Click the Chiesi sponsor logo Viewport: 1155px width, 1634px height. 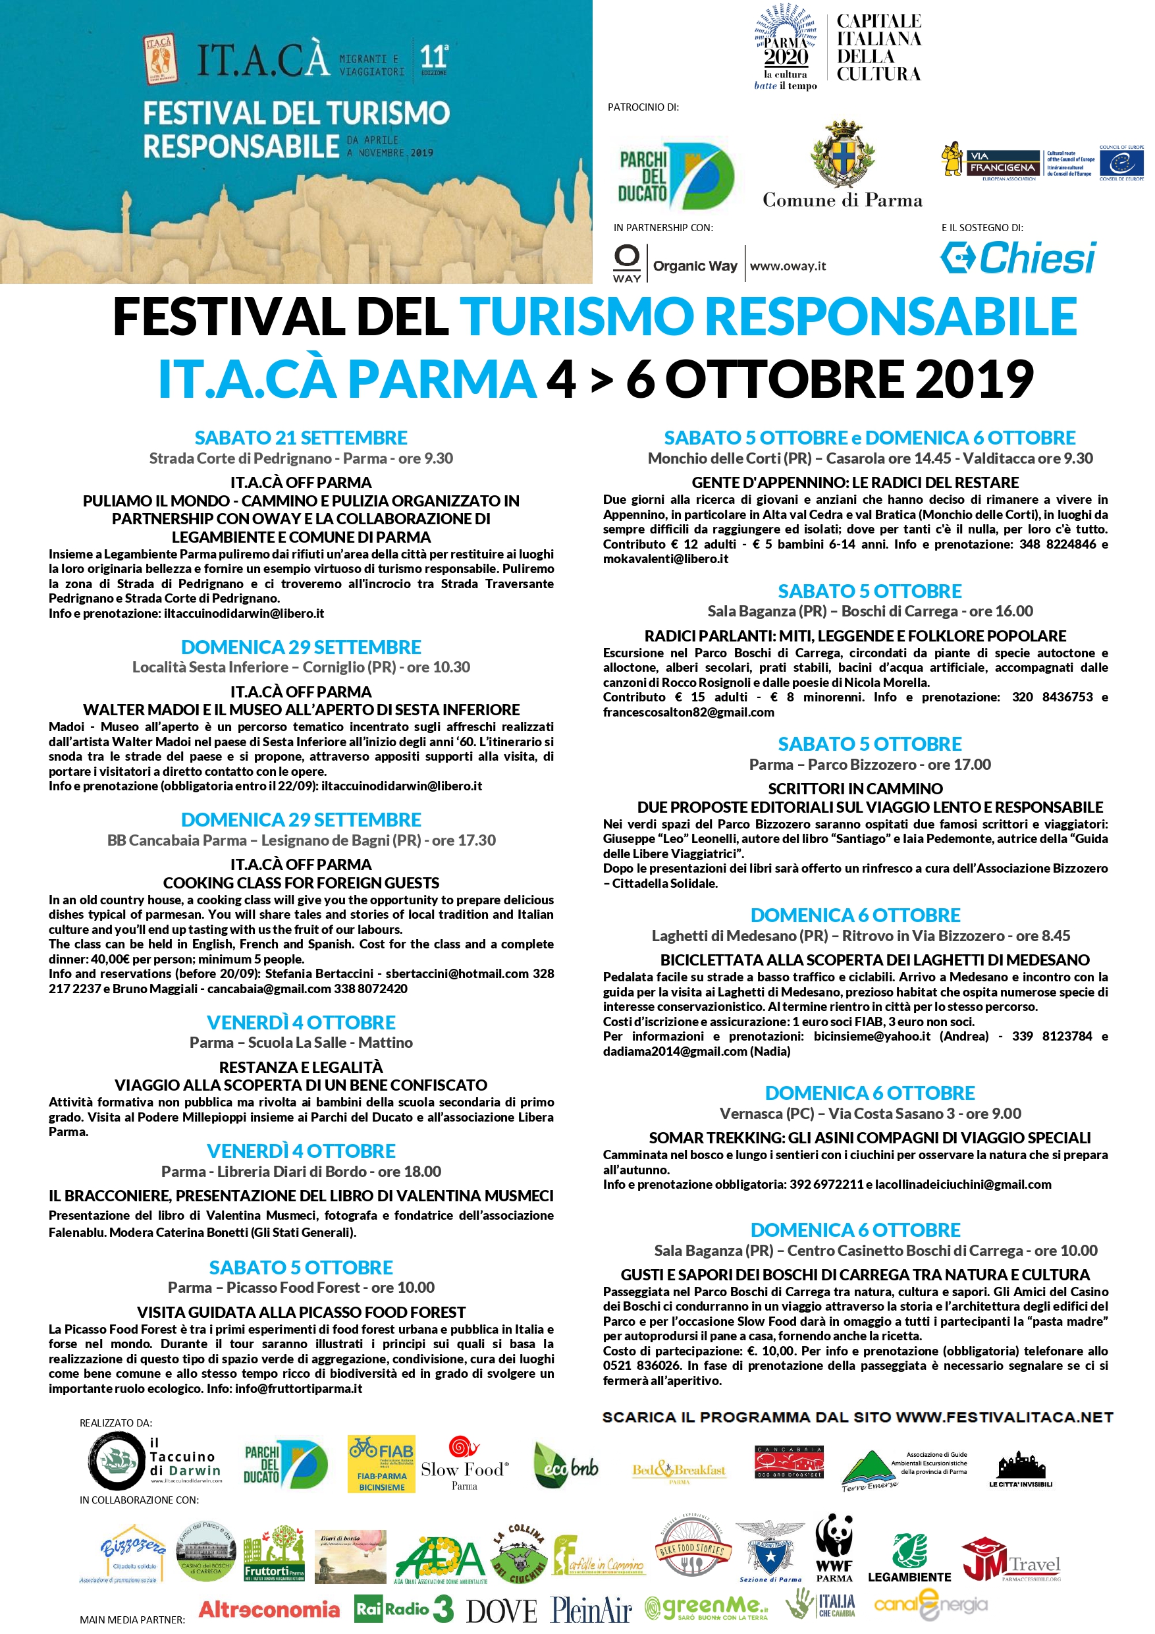pyautogui.click(x=1019, y=258)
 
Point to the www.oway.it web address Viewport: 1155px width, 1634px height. pyautogui.click(x=788, y=266)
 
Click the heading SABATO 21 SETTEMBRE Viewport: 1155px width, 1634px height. pyautogui.click(x=301, y=438)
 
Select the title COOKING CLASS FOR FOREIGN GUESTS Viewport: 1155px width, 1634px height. pyautogui.click(x=301, y=883)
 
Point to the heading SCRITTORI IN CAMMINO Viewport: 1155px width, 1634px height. pyautogui.click(x=855, y=788)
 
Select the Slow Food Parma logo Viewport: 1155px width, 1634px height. pyautogui.click(x=465, y=1465)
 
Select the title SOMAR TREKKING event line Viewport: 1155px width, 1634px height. pyautogui.click(x=869, y=1138)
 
